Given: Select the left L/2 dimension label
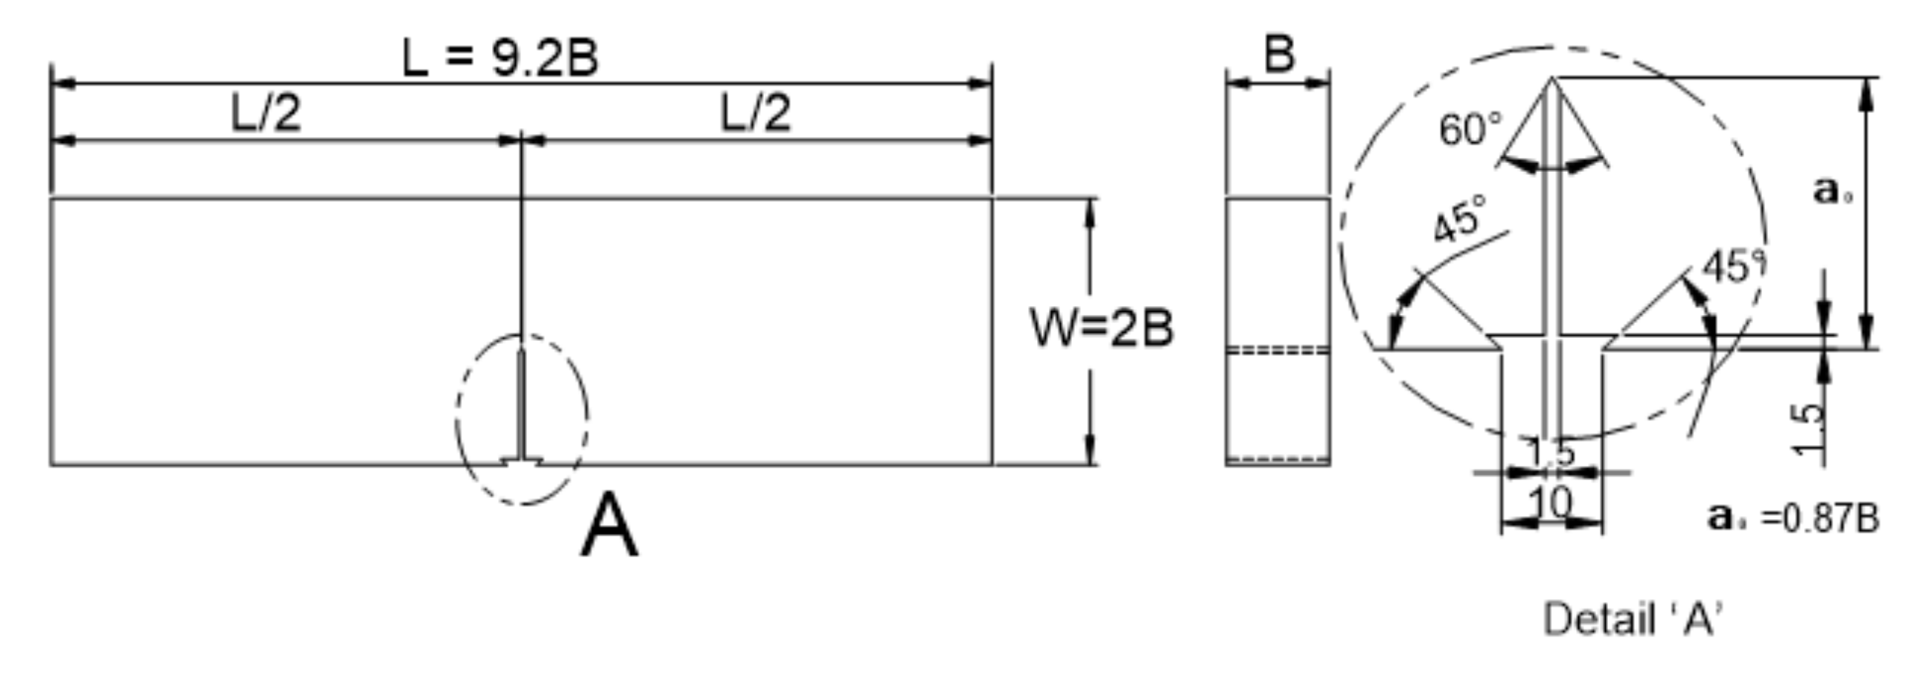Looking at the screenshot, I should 266,114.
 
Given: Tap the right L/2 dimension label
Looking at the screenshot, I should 755,114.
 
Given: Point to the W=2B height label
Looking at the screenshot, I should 1101,328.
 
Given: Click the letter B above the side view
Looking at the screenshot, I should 1279,54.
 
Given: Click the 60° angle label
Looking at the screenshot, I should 1470,130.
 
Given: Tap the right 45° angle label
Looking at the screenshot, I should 1733,266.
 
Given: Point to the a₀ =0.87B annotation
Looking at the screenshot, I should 1793,517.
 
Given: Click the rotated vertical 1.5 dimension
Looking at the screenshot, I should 1808,427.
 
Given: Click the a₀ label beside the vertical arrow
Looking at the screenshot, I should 1831,191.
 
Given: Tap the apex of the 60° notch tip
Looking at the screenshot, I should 1552,78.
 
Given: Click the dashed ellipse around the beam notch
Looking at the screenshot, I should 457,417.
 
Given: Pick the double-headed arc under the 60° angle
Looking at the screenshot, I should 1552,168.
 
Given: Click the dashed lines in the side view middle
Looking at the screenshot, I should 1277,349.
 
